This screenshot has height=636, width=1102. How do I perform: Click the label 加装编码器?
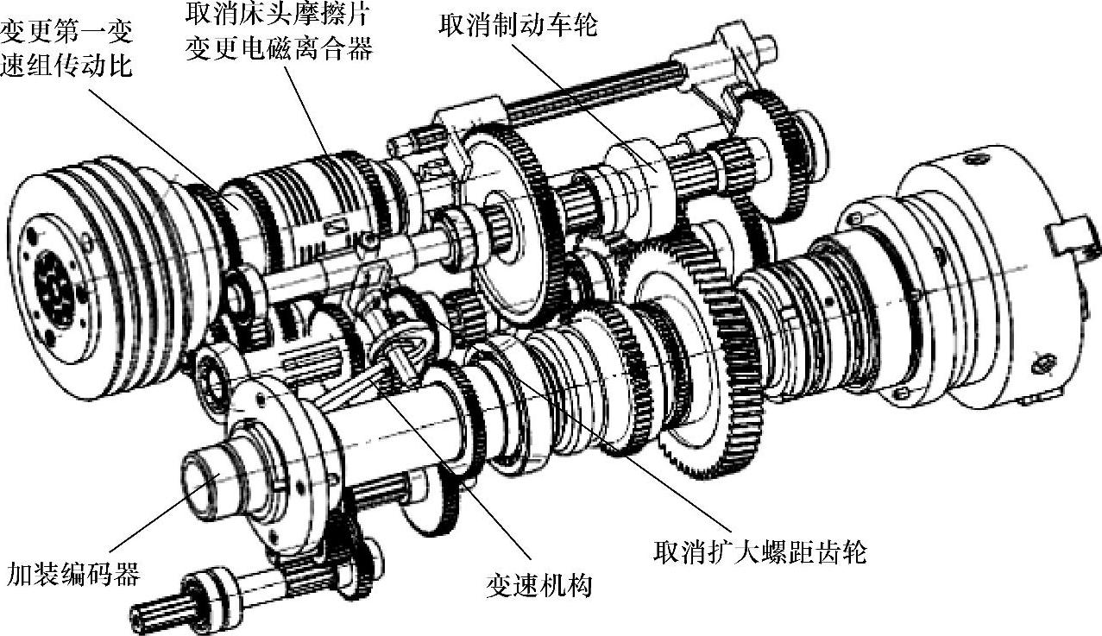tap(73, 573)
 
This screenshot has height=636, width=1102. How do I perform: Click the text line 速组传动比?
tap(66, 66)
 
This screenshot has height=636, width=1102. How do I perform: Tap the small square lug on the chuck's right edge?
tap(1071, 242)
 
